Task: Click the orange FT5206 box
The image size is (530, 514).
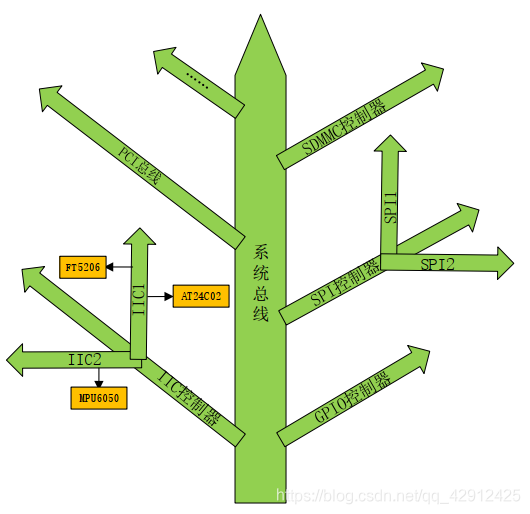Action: [x=82, y=268]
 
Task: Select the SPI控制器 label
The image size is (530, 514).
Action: [x=345, y=284]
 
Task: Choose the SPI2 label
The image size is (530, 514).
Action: [x=438, y=264]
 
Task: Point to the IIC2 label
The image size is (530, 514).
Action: [x=84, y=357]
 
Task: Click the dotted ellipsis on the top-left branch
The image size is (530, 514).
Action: [x=197, y=83]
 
